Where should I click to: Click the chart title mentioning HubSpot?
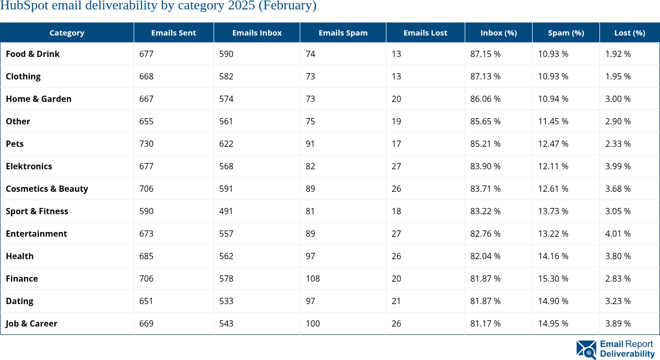pos(158,6)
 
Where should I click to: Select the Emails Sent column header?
pos(173,32)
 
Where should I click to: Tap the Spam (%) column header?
pos(565,32)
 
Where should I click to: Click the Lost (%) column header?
pos(629,32)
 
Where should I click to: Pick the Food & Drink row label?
pos(32,54)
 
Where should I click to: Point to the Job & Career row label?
pos(31,323)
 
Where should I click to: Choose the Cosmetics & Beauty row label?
pos(47,189)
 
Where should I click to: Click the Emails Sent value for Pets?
pos(146,144)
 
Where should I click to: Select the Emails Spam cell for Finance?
pos(313,278)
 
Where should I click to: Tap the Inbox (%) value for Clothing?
pos(485,76)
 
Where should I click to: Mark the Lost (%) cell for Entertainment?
pos(618,234)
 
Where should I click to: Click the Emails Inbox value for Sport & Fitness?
pos(226,211)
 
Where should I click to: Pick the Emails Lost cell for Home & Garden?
pos(396,99)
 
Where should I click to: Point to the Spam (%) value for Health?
pos(553,256)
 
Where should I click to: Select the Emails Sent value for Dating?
pos(146,301)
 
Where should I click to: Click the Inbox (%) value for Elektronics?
pos(485,166)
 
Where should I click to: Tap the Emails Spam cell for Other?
pos(310,121)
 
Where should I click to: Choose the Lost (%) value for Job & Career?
pos(618,323)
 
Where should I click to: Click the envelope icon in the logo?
pos(586,350)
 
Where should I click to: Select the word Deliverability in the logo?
pos(627,354)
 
